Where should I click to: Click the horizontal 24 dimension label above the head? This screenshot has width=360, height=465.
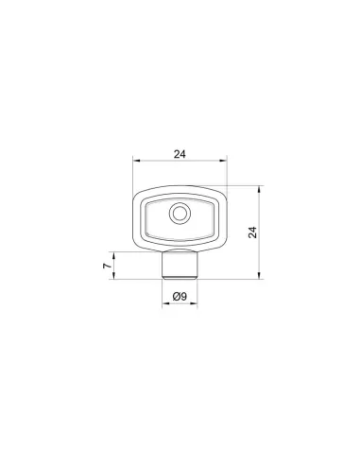pos(180,154)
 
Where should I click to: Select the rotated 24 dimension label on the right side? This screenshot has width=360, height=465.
pos(252,232)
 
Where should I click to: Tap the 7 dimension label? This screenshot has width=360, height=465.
pos(108,266)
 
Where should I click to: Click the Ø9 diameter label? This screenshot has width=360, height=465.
pos(180,296)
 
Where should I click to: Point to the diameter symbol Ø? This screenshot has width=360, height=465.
pos(177,296)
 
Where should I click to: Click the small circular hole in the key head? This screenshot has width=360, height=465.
pos(180,214)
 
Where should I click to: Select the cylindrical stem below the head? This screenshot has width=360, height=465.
pos(180,265)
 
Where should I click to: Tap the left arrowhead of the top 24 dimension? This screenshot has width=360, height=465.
pos(136,161)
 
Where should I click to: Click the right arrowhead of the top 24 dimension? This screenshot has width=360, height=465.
pos(223,161)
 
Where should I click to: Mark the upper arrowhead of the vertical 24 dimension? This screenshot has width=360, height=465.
pos(259,189)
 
